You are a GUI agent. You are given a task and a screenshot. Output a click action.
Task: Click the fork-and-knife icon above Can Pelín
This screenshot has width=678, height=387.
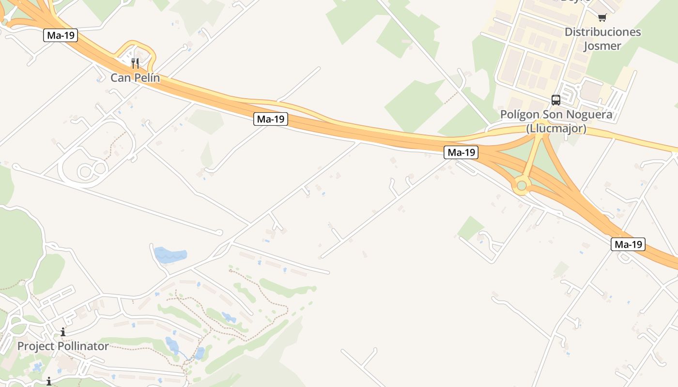135,63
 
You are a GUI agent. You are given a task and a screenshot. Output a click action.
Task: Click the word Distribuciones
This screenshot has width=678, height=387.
602,32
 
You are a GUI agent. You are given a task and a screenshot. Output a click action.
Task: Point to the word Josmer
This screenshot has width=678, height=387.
602,46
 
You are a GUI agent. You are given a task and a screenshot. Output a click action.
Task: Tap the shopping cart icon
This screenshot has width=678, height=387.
602,18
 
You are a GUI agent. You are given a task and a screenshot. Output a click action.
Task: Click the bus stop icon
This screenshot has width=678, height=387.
556,100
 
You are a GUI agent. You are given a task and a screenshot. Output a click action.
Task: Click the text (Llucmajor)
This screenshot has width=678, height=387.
556,129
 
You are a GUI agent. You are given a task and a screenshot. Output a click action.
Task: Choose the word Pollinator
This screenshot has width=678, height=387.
83,346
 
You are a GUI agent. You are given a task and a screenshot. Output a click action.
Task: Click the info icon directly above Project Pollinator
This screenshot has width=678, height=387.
63,332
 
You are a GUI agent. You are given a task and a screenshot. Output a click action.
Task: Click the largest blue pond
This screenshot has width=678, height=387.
170,255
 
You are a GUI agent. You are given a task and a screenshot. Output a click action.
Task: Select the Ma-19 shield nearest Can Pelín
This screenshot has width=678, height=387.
61,35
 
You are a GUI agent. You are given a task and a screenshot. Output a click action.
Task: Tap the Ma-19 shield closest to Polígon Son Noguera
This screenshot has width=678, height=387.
461,152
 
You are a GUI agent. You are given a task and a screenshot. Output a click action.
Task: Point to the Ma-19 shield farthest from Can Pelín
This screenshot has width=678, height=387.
628,244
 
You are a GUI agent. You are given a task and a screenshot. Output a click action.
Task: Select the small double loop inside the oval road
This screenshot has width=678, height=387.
92,170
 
